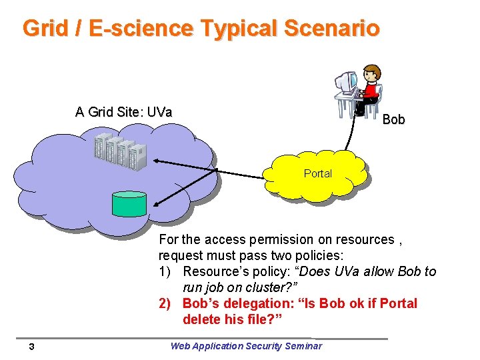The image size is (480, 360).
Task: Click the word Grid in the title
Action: click(45, 28)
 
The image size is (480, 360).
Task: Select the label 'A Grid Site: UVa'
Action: click(124, 111)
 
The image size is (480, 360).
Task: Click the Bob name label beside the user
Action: click(393, 119)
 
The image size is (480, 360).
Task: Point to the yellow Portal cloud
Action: click(318, 174)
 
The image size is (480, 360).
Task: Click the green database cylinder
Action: click(129, 203)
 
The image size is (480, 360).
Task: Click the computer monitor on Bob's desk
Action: click(345, 83)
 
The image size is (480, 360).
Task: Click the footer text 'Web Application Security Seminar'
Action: click(246, 345)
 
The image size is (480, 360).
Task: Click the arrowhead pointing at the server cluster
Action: click(154, 161)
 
